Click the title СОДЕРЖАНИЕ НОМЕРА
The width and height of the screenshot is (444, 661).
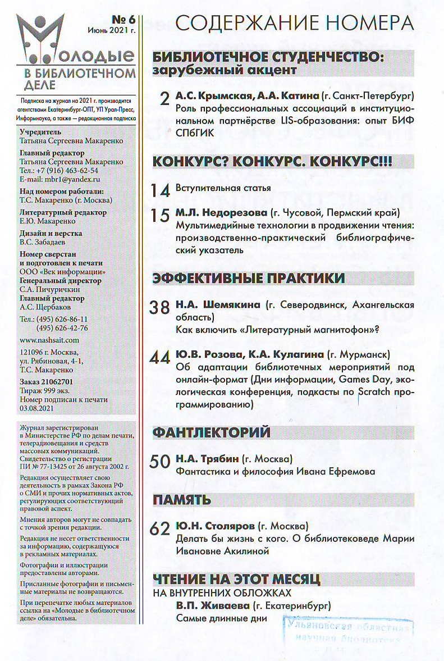pyautogui.click(x=295, y=23)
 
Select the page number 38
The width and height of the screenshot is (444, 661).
pyautogui.click(x=161, y=308)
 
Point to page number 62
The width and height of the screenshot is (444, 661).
pyautogui.click(x=161, y=529)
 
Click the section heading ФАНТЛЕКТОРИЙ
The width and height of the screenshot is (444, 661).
pyautogui.click(x=212, y=432)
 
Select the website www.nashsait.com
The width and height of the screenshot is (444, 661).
pyautogui.click(x=49, y=340)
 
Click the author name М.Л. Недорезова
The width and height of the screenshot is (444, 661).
pyautogui.click(x=221, y=213)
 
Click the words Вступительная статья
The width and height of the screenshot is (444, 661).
pyautogui.click(x=223, y=188)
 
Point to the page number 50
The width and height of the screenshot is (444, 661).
pyautogui.click(x=161, y=462)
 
